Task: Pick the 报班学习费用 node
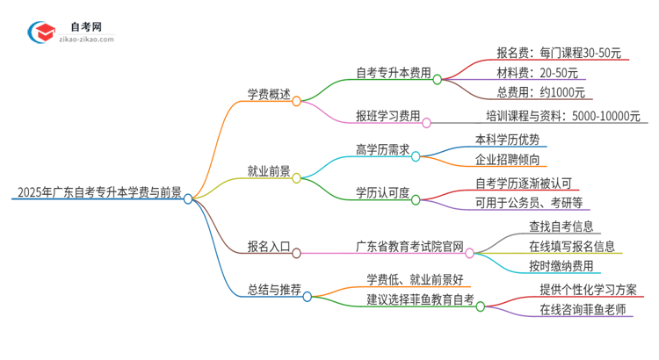[387, 114]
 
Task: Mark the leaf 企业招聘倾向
[504, 159]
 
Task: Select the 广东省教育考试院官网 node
[409, 246]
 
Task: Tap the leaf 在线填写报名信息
[572, 246]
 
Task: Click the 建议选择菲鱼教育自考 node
[420, 299]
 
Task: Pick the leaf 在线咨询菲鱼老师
[583, 309]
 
